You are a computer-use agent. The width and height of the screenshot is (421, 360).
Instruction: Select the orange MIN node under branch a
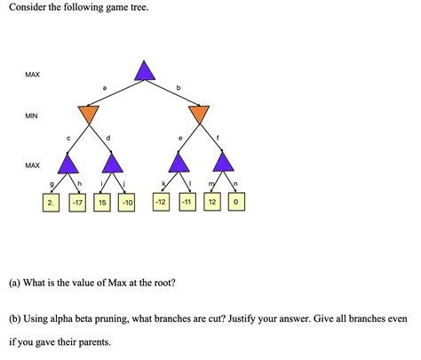(x=88, y=115)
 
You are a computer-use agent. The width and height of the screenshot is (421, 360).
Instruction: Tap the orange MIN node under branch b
(x=199, y=115)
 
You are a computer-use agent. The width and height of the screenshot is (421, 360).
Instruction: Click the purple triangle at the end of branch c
(x=67, y=163)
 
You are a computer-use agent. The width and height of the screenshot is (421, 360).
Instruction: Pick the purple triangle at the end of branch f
(x=223, y=163)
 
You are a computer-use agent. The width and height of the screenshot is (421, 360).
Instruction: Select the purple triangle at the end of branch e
(x=179, y=163)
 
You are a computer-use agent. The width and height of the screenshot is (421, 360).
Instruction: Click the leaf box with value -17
(x=79, y=203)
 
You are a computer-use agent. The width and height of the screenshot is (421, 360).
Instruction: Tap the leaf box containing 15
(x=102, y=203)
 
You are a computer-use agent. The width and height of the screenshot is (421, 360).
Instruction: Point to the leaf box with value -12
(x=161, y=203)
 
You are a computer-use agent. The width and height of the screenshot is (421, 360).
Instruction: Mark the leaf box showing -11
(x=187, y=203)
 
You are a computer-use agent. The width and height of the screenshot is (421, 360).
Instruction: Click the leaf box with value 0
(x=234, y=203)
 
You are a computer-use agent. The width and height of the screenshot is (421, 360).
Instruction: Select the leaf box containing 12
(x=213, y=203)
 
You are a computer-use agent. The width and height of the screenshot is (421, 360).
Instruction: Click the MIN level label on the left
(x=33, y=116)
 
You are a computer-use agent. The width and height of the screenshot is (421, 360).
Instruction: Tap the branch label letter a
(x=105, y=87)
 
